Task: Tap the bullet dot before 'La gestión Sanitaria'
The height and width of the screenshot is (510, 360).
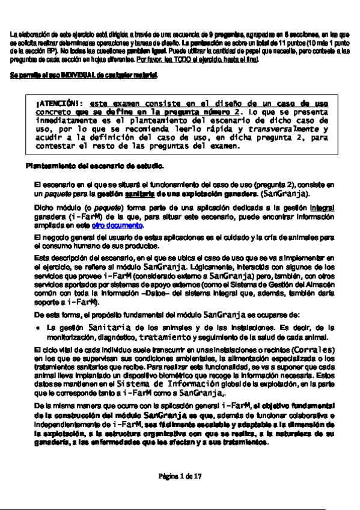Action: tap(38, 328)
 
